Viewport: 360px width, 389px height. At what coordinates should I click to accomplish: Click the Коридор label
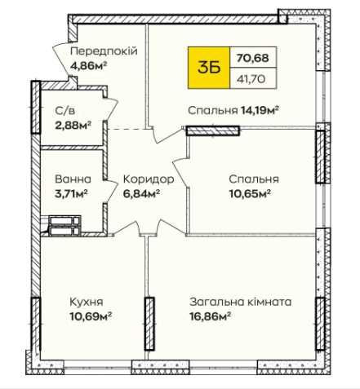148,179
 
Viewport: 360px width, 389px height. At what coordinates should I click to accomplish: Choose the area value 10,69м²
90,316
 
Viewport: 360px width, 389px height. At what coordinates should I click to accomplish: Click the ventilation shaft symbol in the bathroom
64,224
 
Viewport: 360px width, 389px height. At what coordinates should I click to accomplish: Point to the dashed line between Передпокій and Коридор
127,130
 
